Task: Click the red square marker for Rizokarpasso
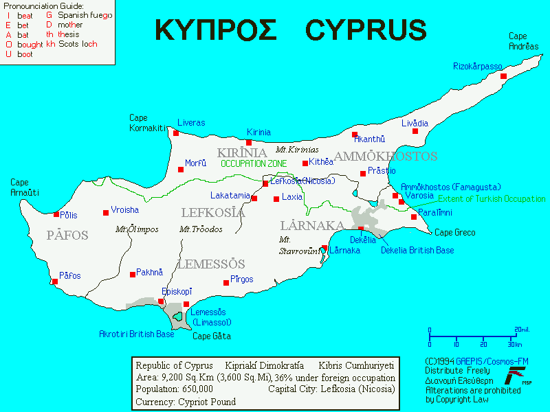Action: [x=503, y=76]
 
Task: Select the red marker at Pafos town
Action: [x=55, y=281]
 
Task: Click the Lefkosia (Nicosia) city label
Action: [x=303, y=181]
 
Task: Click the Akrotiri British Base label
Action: [x=137, y=334]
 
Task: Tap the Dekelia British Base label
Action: [x=417, y=251]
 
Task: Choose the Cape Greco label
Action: [x=454, y=233]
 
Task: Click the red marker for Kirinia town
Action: [x=249, y=143]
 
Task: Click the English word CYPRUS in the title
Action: [x=366, y=30]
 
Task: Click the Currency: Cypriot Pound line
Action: [x=186, y=402]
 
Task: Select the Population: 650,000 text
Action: [x=174, y=389]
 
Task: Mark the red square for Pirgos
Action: [x=226, y=282]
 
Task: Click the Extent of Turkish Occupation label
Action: [x=492, y=199]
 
